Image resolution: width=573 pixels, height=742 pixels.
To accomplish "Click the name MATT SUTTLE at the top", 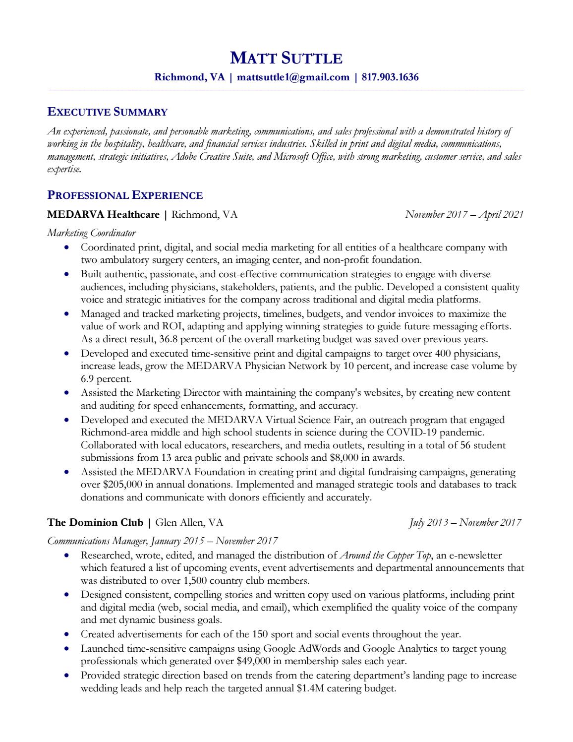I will [286, 59].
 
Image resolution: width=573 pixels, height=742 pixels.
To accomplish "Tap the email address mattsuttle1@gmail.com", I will [293, 77].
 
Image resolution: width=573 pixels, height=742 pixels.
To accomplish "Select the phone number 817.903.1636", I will [390, 77].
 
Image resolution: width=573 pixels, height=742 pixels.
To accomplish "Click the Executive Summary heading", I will [107, 112].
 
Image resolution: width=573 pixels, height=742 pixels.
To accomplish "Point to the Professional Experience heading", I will [125, 195].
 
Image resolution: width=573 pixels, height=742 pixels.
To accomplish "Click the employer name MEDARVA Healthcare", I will [103, 215].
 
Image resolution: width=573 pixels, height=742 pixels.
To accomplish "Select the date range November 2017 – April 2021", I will [463, 215].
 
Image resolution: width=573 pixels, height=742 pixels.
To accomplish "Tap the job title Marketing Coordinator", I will [91, 233].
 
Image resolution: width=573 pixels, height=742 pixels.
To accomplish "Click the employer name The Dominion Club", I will [95, 522].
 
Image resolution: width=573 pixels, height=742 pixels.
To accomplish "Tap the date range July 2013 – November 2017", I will [465, 522].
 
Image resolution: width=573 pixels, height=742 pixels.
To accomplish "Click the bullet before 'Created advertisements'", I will [66, 634].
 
